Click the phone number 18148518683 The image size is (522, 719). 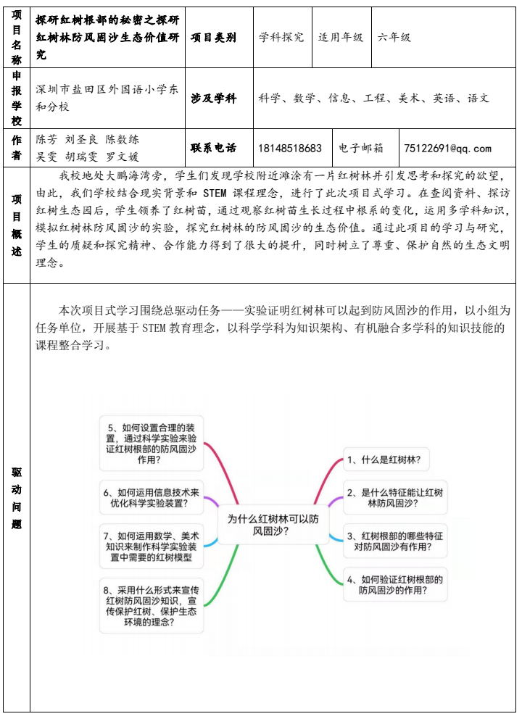[x=290, y=149]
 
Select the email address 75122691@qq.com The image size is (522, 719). [x=447, y=149]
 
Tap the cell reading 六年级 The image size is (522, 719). [x=395, y=37]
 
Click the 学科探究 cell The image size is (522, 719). [x=282, y=37]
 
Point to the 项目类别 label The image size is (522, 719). [x=213, y=37]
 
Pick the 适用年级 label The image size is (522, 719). [x=341, y=37]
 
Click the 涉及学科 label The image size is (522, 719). [x=213, y=98]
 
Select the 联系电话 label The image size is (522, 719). [x=213, y=149]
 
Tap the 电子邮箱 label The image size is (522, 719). [x=361, y=149]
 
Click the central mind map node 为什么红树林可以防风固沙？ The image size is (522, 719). [x=273, y=524]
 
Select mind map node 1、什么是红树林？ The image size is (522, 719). [x=384, y=460]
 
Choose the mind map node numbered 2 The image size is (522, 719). [x=394, y=497]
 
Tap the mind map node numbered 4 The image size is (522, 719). [x=394, y=585]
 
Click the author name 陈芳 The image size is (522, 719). [x=46, y=140]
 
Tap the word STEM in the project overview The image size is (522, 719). [x=215, y=194]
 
